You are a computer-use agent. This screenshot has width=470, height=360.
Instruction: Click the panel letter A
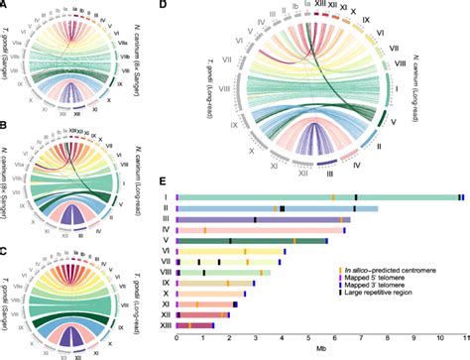tap(6, 6)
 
